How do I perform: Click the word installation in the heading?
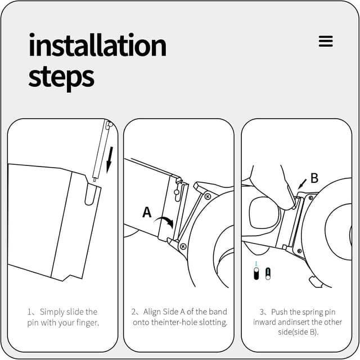[97, 45]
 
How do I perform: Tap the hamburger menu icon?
[326, 41]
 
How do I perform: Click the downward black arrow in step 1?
[110, 160]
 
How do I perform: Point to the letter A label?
[147, 212]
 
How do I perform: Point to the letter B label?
[314, 178]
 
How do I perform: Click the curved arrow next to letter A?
[164, 221]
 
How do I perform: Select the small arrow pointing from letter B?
[302, 184]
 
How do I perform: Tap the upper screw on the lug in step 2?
[208, 196]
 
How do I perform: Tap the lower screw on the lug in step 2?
[183, 246]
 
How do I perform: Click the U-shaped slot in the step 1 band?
[89, 194]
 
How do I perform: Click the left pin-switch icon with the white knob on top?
[256, 273]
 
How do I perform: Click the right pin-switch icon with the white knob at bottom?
[268, 274]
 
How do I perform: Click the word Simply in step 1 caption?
[52, 312]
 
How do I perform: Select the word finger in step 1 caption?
[87, 323]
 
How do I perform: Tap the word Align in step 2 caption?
[152, 312]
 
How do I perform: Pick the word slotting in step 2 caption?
[213, 322]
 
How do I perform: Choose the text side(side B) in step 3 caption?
[298, 332]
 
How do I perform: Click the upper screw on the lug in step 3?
[310, 197]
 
